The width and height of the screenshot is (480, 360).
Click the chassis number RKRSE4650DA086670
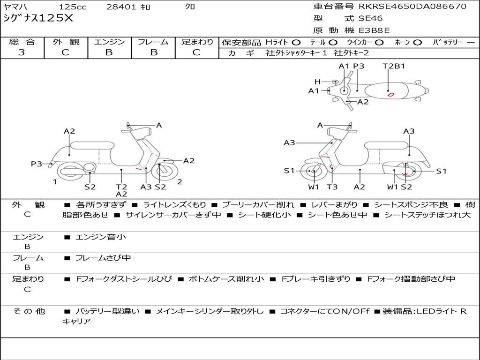point(412,7)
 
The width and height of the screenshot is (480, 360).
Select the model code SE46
point(370,19)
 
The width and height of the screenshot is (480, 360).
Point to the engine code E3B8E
point(374,31)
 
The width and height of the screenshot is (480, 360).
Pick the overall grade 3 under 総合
point(22,52)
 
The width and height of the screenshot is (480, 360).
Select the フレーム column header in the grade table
point(153,42)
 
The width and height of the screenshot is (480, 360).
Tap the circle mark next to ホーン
point(418,42)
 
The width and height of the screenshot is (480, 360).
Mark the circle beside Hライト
point(296,42)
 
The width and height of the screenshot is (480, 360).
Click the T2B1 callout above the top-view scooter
point(394,66)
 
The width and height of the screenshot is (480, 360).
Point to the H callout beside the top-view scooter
point(317,82)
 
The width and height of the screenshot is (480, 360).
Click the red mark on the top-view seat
point(390,94)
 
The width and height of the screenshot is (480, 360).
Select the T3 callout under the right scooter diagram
point(332,187)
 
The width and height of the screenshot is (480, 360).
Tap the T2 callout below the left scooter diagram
point(121,187)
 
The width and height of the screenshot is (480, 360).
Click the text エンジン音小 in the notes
point(100,237)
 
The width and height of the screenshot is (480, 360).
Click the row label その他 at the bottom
point(29,311)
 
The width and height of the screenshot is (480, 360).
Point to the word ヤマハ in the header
point(15,7)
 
